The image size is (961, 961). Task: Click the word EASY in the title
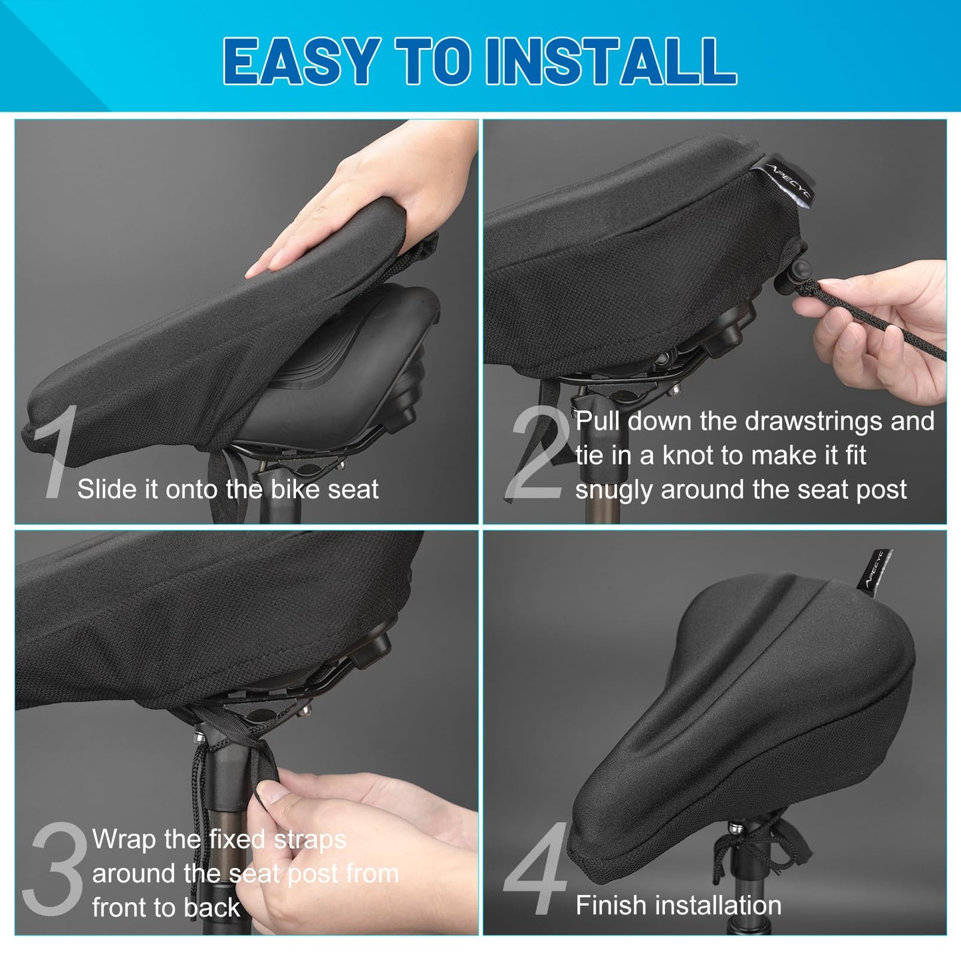[301, 61]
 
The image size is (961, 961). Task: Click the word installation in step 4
[720, 905]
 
